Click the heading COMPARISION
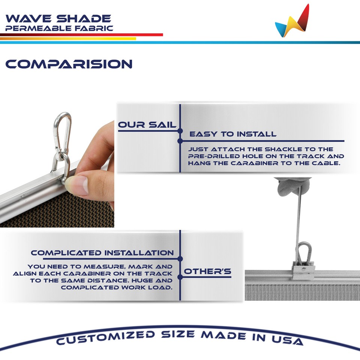click(69, 64)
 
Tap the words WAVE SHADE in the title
click(58, 18)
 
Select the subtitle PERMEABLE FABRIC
click(59, 28)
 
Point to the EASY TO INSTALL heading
click(232, 134)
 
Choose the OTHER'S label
click(207, 271)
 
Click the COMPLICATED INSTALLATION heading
click(102, 253)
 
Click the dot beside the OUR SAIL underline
click(180, 131)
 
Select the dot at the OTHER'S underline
click(180, 277)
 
